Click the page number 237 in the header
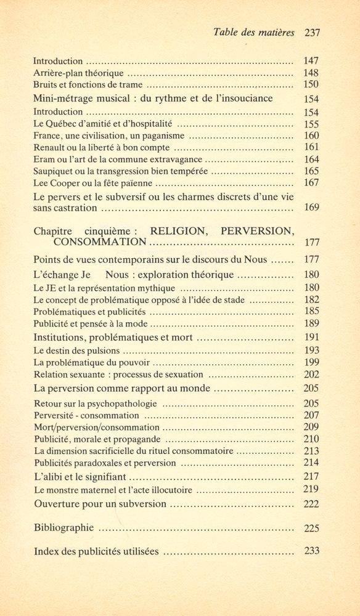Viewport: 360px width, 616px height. [311, 33]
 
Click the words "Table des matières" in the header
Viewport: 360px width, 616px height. [253, 33]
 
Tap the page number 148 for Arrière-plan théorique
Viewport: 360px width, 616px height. [311, 73]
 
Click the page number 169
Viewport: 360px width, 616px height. [311, 207]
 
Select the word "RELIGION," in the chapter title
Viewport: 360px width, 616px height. [182, 231]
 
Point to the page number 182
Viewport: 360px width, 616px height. [311, 299]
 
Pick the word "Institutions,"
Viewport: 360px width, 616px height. [62, 338]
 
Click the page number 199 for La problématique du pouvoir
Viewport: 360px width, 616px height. [311, 362]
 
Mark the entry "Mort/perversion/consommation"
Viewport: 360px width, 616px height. [96, 427]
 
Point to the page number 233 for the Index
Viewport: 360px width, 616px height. [311, 551]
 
